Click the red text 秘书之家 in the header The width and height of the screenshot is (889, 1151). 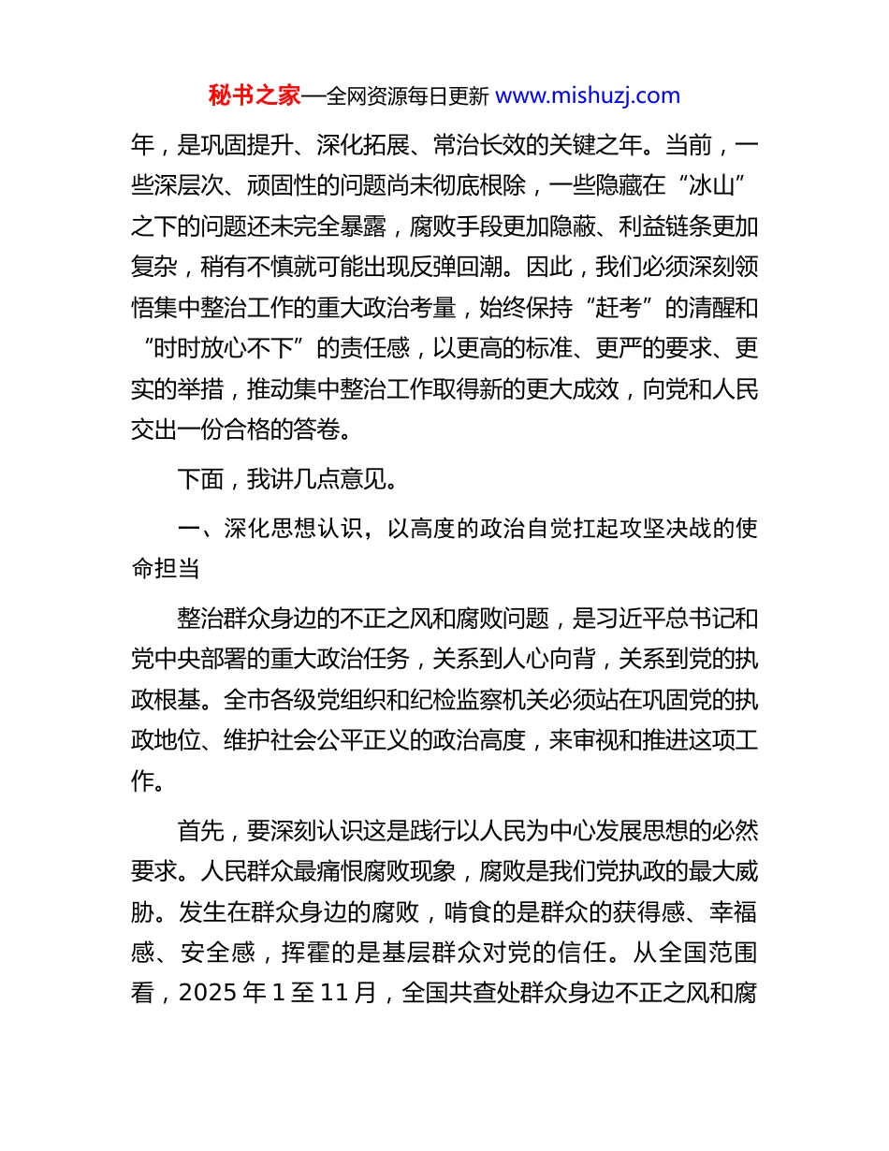pos(255,95)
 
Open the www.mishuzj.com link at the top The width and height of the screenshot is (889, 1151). pos(588,95)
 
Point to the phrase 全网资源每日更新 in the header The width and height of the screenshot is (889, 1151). pos(407,95)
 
